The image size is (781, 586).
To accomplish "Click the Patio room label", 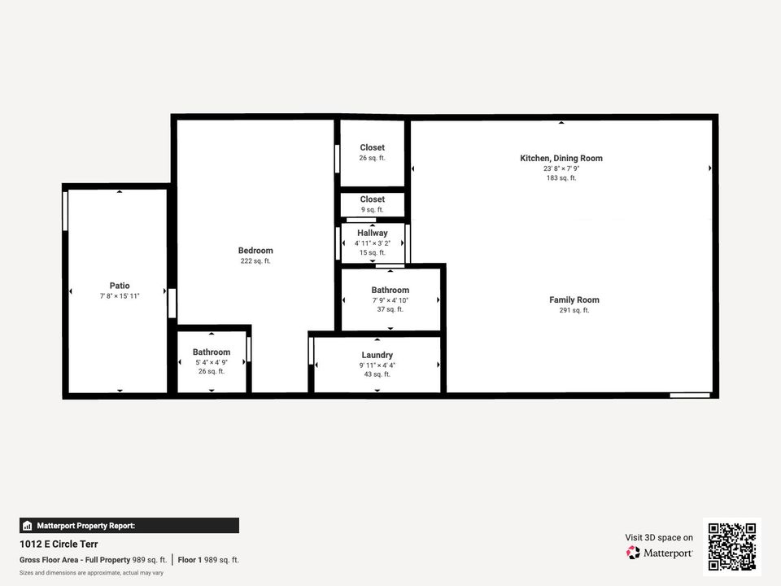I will click(120, 286).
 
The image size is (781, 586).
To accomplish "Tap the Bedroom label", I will click(255, 251).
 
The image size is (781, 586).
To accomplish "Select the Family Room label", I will click(574, 300).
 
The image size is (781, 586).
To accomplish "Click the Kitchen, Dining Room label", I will click(561, 158).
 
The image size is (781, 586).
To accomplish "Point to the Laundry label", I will click(377, 355).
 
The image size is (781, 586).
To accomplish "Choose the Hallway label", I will click(373, 233).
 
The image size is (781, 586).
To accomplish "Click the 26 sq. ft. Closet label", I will click(372, 148).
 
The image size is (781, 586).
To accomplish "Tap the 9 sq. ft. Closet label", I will click(372, 199).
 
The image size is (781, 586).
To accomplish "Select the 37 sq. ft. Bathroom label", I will click(390, 290).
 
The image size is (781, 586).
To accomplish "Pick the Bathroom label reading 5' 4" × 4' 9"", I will click(212, 352).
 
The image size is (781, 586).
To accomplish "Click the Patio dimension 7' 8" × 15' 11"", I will click(120, 296).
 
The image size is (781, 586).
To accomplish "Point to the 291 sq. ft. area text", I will click(574, 311).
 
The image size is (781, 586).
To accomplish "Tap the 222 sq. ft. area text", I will click(255, 261).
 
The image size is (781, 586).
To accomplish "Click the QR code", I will click(732, 546).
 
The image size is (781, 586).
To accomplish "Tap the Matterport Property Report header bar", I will click(129, 526).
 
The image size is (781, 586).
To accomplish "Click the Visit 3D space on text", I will click(659, 537).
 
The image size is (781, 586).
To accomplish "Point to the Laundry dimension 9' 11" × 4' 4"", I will click(377, 365).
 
